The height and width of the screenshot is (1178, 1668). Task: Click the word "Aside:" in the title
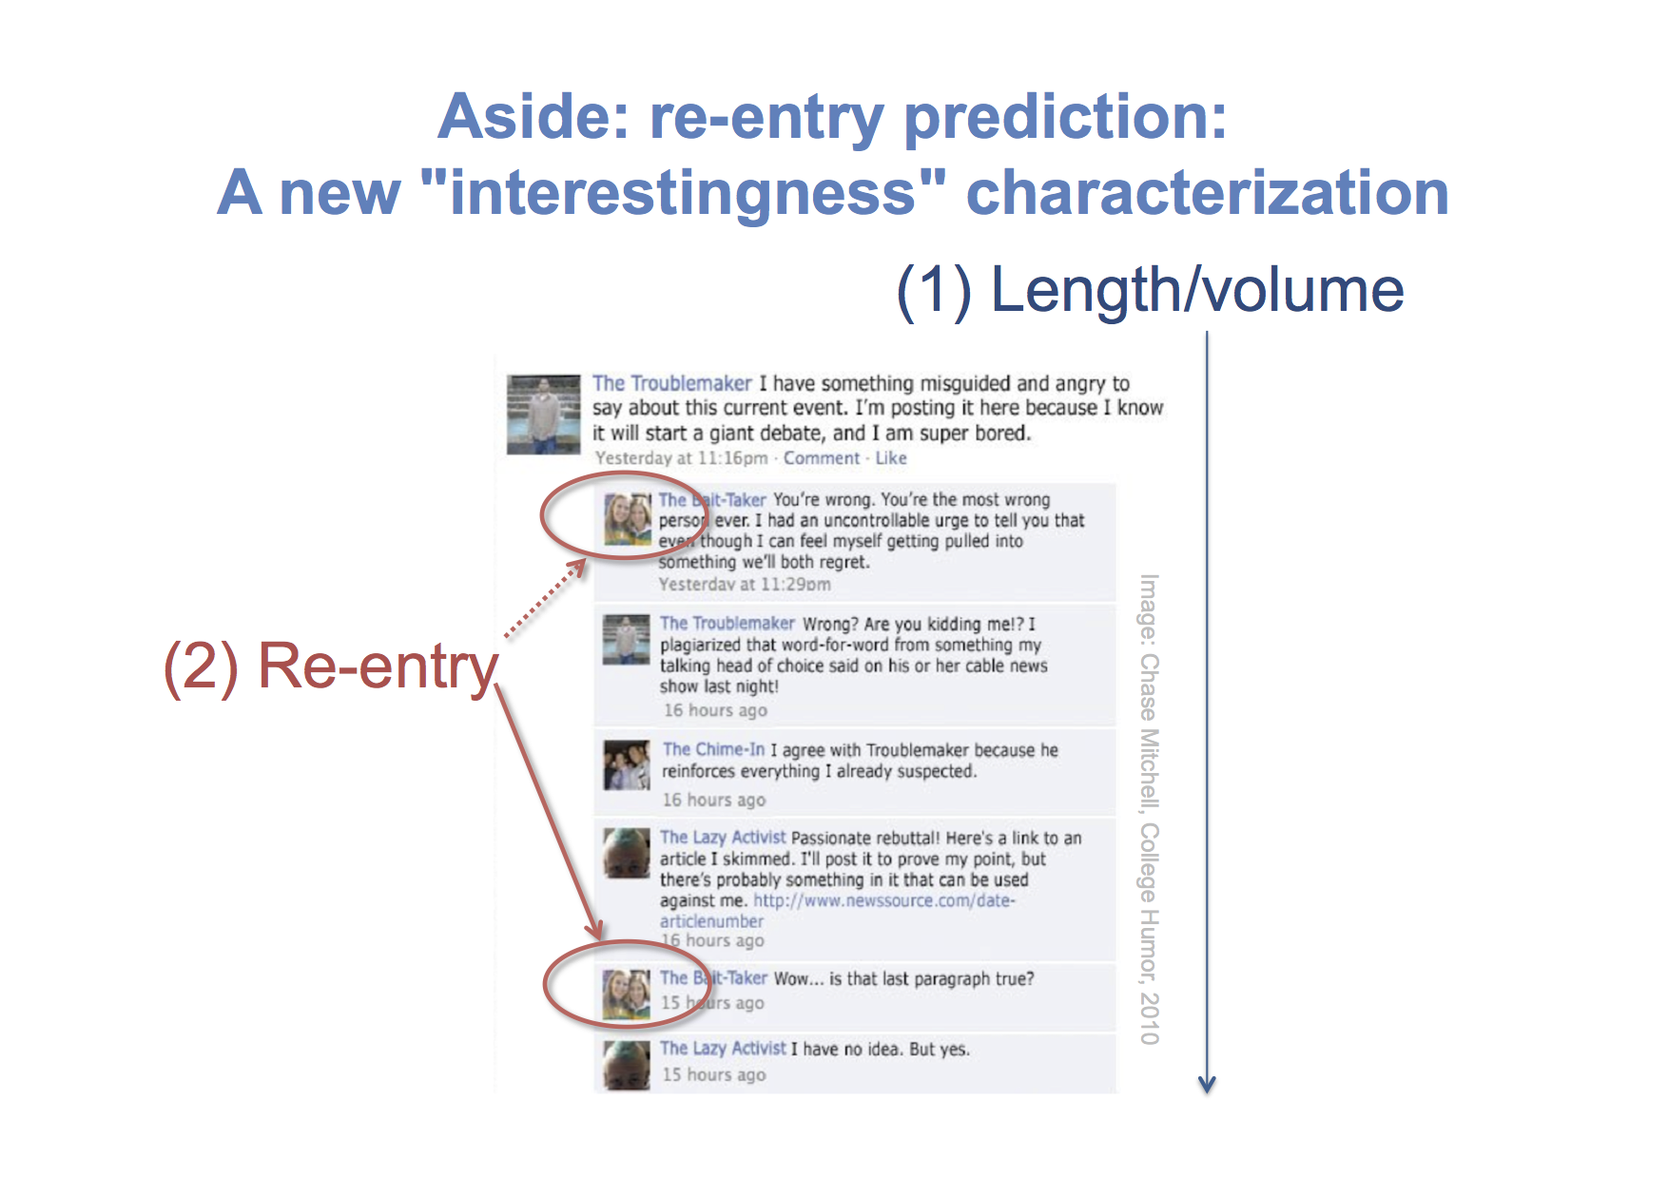click(533, 117)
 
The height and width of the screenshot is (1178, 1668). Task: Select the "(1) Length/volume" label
click(1150, 290)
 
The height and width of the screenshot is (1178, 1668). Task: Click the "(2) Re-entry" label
click(331, 667)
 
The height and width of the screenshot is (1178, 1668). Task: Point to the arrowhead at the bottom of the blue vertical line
click(1207, 1086)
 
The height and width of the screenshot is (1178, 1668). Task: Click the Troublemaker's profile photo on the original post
click(543, 414)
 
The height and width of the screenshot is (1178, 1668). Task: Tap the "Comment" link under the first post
click(822, 458)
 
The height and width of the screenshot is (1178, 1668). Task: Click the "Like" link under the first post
click(891, 458)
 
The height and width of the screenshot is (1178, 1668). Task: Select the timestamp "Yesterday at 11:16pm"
click(681, 458)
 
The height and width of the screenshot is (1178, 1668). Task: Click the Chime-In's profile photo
click(627, 765)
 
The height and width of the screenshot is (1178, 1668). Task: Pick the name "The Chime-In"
click(713, 750)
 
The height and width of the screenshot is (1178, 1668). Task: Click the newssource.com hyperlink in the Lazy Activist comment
click(838, 911)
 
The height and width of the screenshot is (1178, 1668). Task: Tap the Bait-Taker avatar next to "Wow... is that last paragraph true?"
click(627, 994)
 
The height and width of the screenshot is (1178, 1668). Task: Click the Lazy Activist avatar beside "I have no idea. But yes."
click(627, 1065)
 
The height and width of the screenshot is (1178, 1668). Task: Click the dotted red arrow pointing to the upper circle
click(545, 599)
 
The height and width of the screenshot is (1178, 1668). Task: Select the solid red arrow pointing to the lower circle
click(550, 814)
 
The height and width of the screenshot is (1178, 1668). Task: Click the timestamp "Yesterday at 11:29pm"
click(745, 585)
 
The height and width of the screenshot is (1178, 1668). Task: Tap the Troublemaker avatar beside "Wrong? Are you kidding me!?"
click(627, 639)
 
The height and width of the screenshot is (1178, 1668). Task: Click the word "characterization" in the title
click(1208, 193)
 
